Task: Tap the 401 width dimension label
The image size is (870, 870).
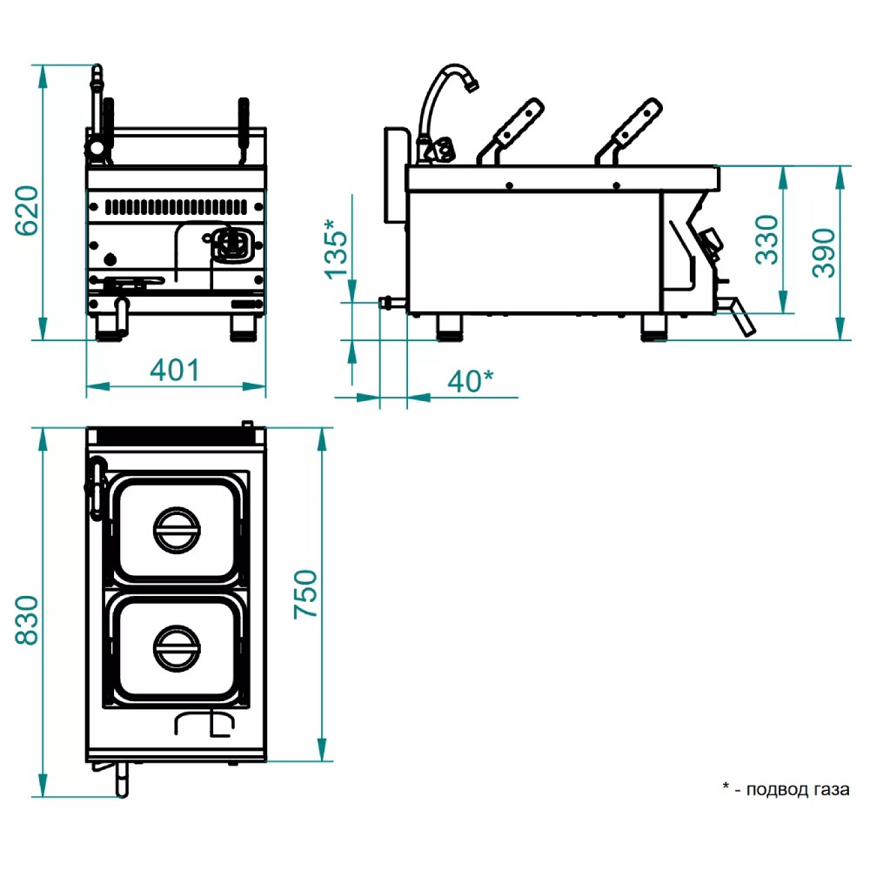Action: tap(175, 370)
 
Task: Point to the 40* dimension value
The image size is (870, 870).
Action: tap(470, 380)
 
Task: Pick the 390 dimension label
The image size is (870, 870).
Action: tap(823, 252)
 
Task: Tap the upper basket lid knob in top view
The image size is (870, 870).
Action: tap(177, 529)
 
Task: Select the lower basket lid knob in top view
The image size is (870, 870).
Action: tap(177, 647)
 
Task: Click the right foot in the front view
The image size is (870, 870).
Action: tap(243, 327)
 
